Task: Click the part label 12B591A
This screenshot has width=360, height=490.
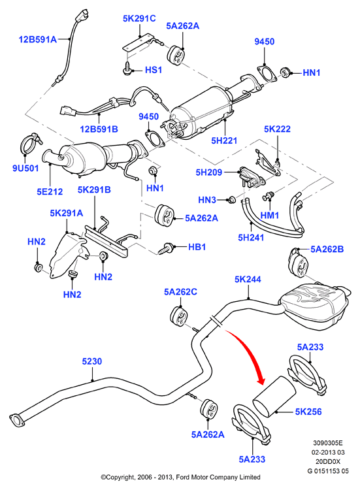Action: tap(38, 39)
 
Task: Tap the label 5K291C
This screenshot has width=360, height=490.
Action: tap(139, 18)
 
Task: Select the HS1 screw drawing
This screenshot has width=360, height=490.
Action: tap(127, 69)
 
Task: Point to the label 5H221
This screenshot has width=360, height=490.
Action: tap(224, 140)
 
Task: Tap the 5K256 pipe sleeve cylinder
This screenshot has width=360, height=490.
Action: tap(274, 397)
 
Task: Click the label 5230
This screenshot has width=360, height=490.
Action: tap(92, 361)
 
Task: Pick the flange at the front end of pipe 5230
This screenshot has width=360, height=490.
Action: tap(17, 420)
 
